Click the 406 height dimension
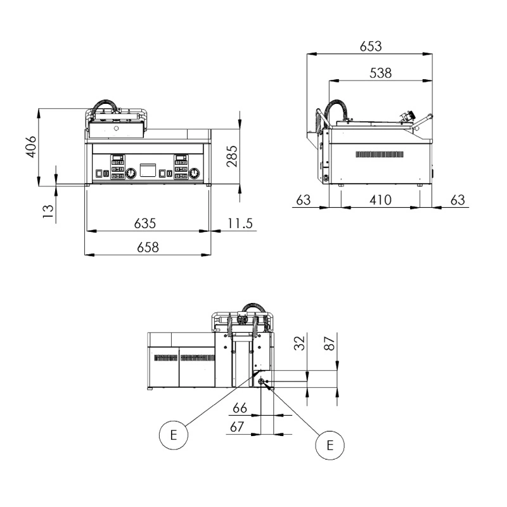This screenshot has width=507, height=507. click(31, 146)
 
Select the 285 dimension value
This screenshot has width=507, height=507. click(232, 157)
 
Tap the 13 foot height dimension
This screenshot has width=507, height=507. click(48, 212)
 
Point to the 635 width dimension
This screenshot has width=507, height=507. click(145, 224)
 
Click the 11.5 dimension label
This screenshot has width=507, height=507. click(240, 224)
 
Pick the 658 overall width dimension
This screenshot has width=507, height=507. click(148, 247)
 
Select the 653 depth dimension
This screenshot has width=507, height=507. click(371, 46)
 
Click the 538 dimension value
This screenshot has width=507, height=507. click(381, 73)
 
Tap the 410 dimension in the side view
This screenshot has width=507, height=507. click(381, 200)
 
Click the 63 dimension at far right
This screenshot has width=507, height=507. click(458, 200)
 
